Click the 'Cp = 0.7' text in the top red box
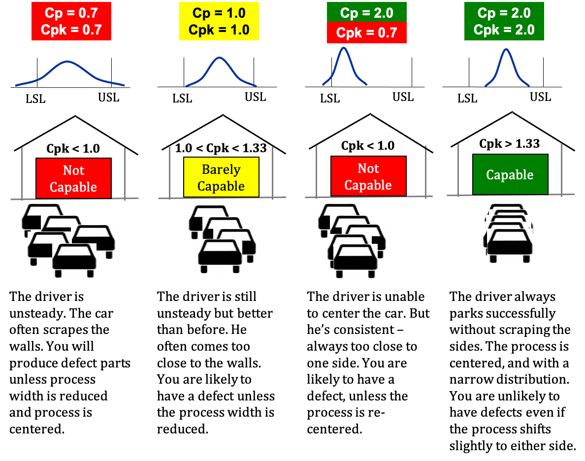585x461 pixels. pyautogui.click(x=71, y=13)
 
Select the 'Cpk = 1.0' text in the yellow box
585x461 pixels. pyautogui.click(x=219, y=30)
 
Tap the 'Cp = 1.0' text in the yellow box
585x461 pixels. pyautogui.click(x=219, y=13)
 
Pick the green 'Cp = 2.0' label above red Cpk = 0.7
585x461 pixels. pyautogui.click(x=367, y=12)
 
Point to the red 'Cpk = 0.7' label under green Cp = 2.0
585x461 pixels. pyautogui.click(x=367, y=33)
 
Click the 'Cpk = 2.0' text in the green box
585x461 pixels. pyautogui.click(x=504, y=30)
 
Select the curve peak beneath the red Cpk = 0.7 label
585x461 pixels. pyautogui.click(x=344, y=47)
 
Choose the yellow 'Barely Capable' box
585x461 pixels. pyautogui.click(x=221, y=177)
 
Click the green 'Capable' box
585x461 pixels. pyautogui.click(x=510, y=174)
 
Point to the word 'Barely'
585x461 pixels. pyautogui.click(x=221, y=169)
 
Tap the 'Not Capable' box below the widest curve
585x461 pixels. pyautogui.click(x=73, y=178)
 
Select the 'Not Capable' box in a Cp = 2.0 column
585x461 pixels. pyautogui.click(x=368, y=176)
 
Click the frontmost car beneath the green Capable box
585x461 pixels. pyautogui.click(x=510, y=246)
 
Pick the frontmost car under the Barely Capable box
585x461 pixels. pyautogui.click(x=220, y=256)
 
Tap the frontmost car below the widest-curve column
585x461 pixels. pyautogui.click(x=74, y=261)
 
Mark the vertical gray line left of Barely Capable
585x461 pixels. pyautogui.click(x=170, y=172)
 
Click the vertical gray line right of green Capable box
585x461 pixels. pyautogui.click(x=562, y=170)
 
